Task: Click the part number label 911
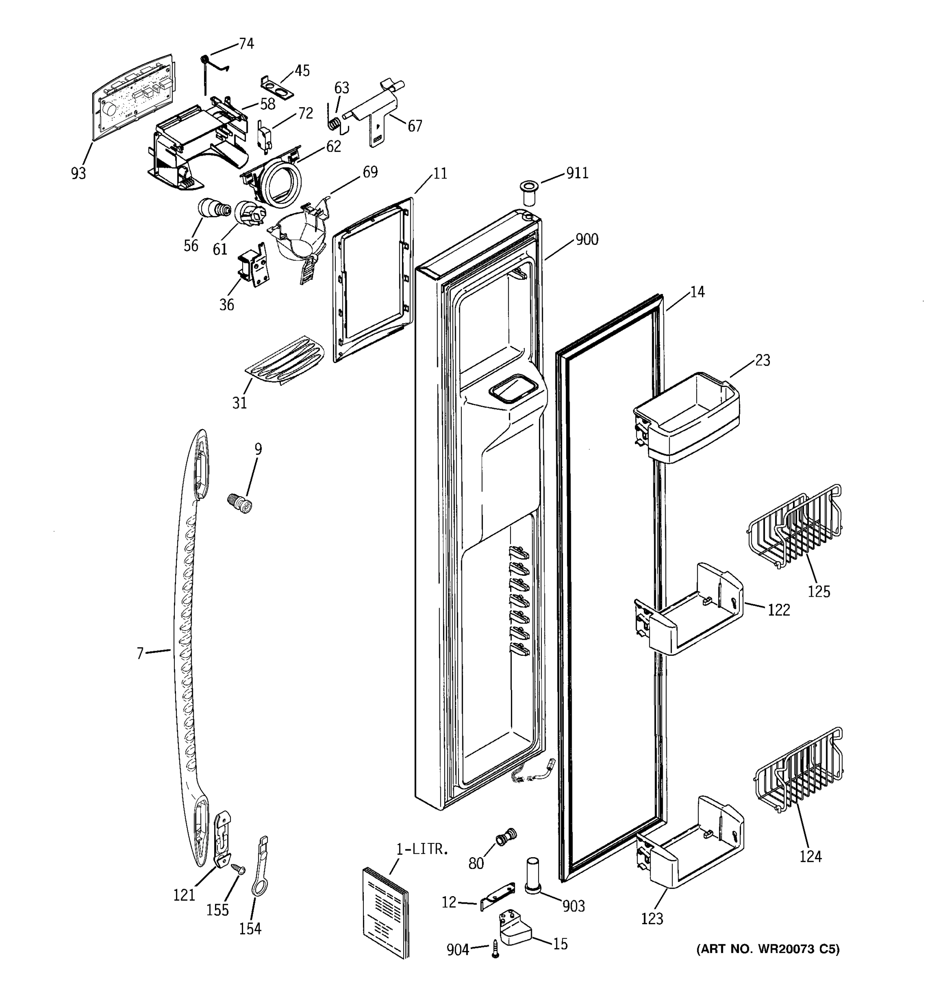click(577, 173)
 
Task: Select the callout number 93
click(78, 173)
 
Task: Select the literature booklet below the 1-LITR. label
click(386, 912)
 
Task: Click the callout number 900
click(587, 239)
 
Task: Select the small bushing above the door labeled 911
click(528, 193)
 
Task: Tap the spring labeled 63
click(334, 123)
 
